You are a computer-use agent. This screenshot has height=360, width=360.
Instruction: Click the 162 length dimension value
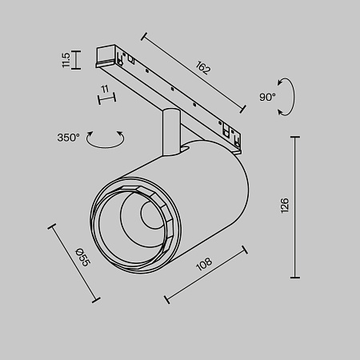coord(202,68)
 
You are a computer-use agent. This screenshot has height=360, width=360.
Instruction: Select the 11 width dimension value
coord(104,87)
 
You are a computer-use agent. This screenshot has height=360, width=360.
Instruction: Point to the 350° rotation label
coord(69,138)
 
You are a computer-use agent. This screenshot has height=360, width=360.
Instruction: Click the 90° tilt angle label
coord(268,96)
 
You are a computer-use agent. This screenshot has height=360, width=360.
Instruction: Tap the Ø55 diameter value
coord(82,258)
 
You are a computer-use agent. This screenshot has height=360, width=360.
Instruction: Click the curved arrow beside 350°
coord(106,140)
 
